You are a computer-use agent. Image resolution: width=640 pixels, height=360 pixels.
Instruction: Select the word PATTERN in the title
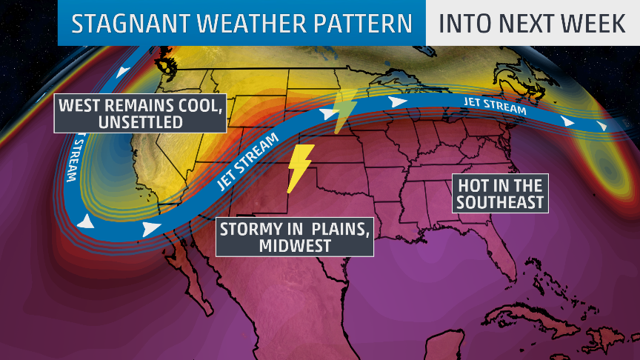(x=365, y=24)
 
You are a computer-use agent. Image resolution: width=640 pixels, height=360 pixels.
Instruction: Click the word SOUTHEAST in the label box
(x=500, y=201)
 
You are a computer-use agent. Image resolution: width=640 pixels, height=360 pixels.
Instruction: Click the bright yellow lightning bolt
(x=299, y=167)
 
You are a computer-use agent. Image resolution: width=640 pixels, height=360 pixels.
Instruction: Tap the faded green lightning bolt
(x=343, y=112)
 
